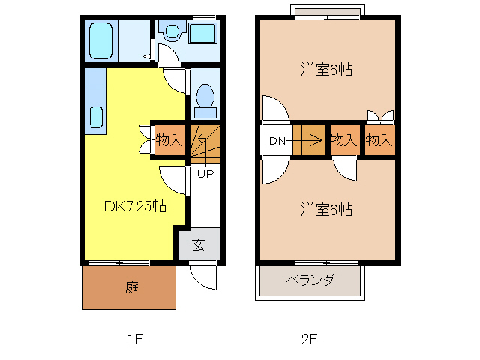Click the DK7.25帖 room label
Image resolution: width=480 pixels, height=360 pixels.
click(x=135, y=205)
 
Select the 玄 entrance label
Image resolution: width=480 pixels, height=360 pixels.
click(x=199, y=244)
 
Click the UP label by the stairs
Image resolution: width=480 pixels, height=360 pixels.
click(x=205, y=174)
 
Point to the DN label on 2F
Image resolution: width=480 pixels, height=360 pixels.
click(x=277, y=140)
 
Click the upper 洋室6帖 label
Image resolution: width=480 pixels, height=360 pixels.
click(x=327, y=70)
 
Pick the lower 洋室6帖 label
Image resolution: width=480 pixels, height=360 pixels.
click(x=327, y=209)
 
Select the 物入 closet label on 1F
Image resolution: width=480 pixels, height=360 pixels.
click(x=169, y=139)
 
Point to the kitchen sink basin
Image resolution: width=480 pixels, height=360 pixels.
click(x=97, y=117)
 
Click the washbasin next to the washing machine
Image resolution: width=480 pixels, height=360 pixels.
click(x=172, y=32)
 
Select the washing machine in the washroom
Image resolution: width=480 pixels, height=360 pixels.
click(x=202, y=34)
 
